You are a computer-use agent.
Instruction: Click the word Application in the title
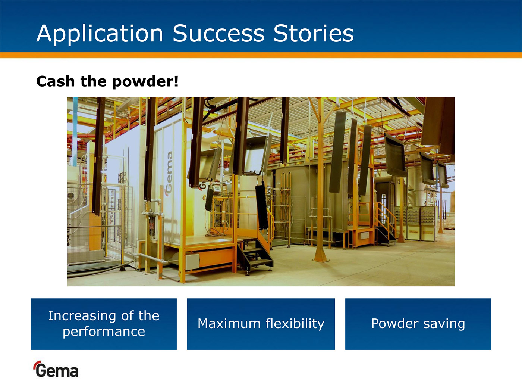pyautogui.click(x=100, y=34)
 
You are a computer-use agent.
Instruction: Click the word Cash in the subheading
pyautogui.click(x=56, y=81)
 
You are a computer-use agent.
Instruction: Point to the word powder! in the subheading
pyautogui.click(x=145, y=82)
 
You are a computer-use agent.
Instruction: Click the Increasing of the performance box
pyautogui.click(x=104, y=324)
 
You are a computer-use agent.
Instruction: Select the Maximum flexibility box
pyautogui.click(x=261, y=324)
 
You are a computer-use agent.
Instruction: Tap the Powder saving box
pyautogui.click(x=418, y=324)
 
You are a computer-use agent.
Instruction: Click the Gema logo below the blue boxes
pyautogui.click(x=56, y=369)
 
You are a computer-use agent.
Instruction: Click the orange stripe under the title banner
pyautogui.click(x=261, y=55)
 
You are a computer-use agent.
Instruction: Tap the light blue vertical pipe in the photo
pyautogui.click(x=75, y=131)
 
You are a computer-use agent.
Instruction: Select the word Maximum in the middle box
pyautogui.click(x=229, y=324)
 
